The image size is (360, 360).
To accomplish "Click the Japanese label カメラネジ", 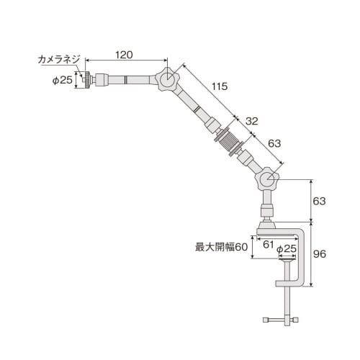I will click(60, 59).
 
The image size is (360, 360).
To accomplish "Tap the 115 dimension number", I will click(219, 86).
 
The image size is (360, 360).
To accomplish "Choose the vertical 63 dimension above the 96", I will click(320, 201).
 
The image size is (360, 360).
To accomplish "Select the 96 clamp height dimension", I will click(320, 254).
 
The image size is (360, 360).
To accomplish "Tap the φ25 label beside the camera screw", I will click(62, 80).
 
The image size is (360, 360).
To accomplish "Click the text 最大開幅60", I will click(221, 246).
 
